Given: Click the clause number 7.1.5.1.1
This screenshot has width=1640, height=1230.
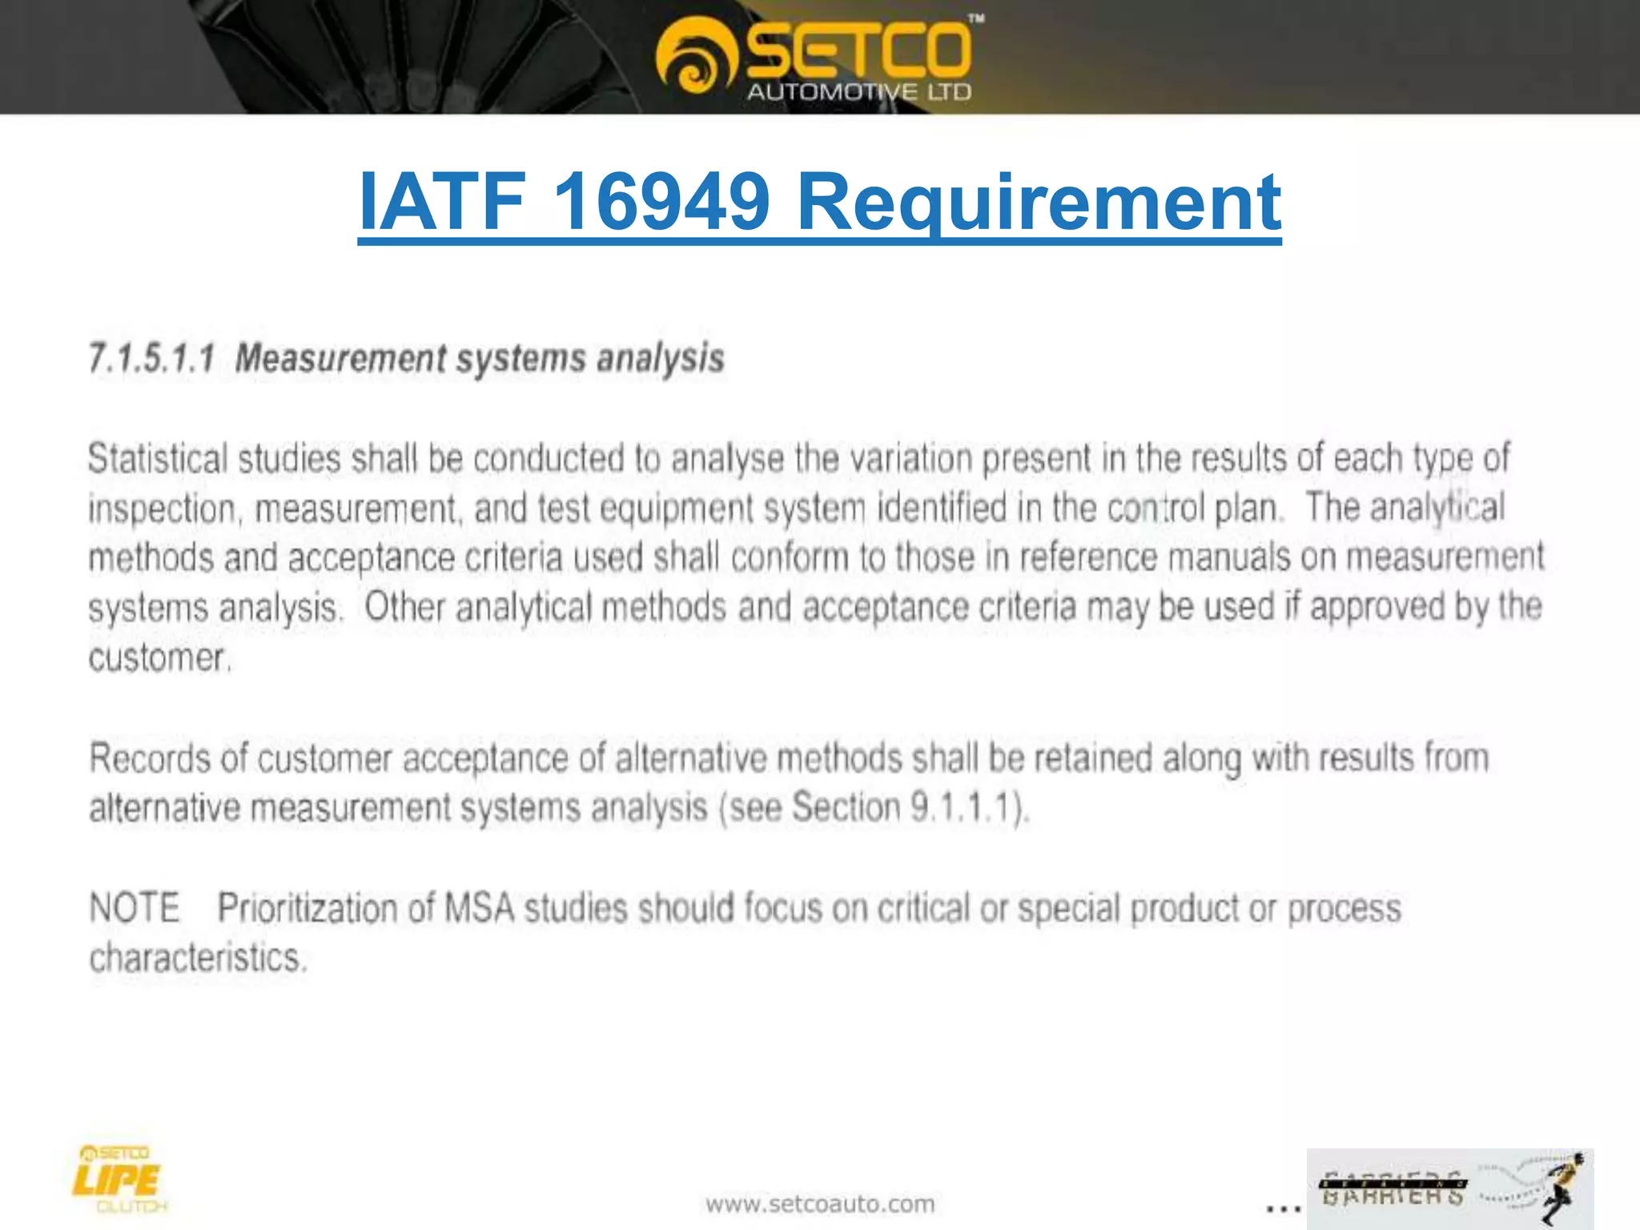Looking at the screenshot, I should point(151,358).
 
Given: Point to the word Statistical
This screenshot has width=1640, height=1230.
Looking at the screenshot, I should point(158,459).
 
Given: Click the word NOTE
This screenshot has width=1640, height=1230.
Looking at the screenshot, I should point(134,908).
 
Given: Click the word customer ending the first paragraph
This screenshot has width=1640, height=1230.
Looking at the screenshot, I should point(159,658).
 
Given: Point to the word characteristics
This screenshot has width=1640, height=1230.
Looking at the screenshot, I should point(197,958).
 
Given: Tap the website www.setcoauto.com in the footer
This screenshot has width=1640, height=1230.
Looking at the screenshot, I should point(820,1204).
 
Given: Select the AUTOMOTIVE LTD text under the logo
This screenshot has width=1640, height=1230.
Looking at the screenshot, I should point(858,92).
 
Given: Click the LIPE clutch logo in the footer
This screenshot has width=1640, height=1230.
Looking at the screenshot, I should point(118,1179).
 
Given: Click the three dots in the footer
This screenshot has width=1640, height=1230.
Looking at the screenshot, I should point(1283,1208).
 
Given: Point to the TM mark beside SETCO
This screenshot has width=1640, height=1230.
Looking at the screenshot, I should point(976,18).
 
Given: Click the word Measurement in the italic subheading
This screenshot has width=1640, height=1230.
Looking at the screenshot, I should point(340,358).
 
